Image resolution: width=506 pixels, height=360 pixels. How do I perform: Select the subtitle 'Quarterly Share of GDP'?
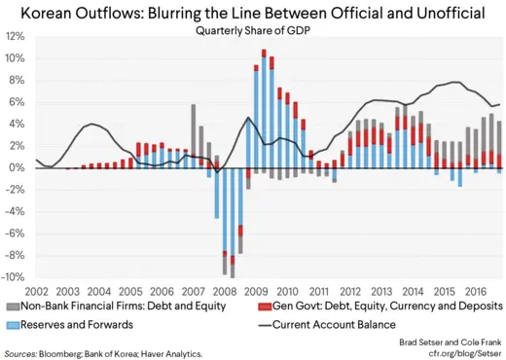(253, 28)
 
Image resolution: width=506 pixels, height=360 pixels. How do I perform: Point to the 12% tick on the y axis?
(15, 36)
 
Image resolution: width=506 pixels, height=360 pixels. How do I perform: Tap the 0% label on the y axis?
(17, 167)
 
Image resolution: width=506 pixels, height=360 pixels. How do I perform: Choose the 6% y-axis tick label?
(17, 102)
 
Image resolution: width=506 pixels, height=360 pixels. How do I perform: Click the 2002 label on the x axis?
(36, 290)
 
